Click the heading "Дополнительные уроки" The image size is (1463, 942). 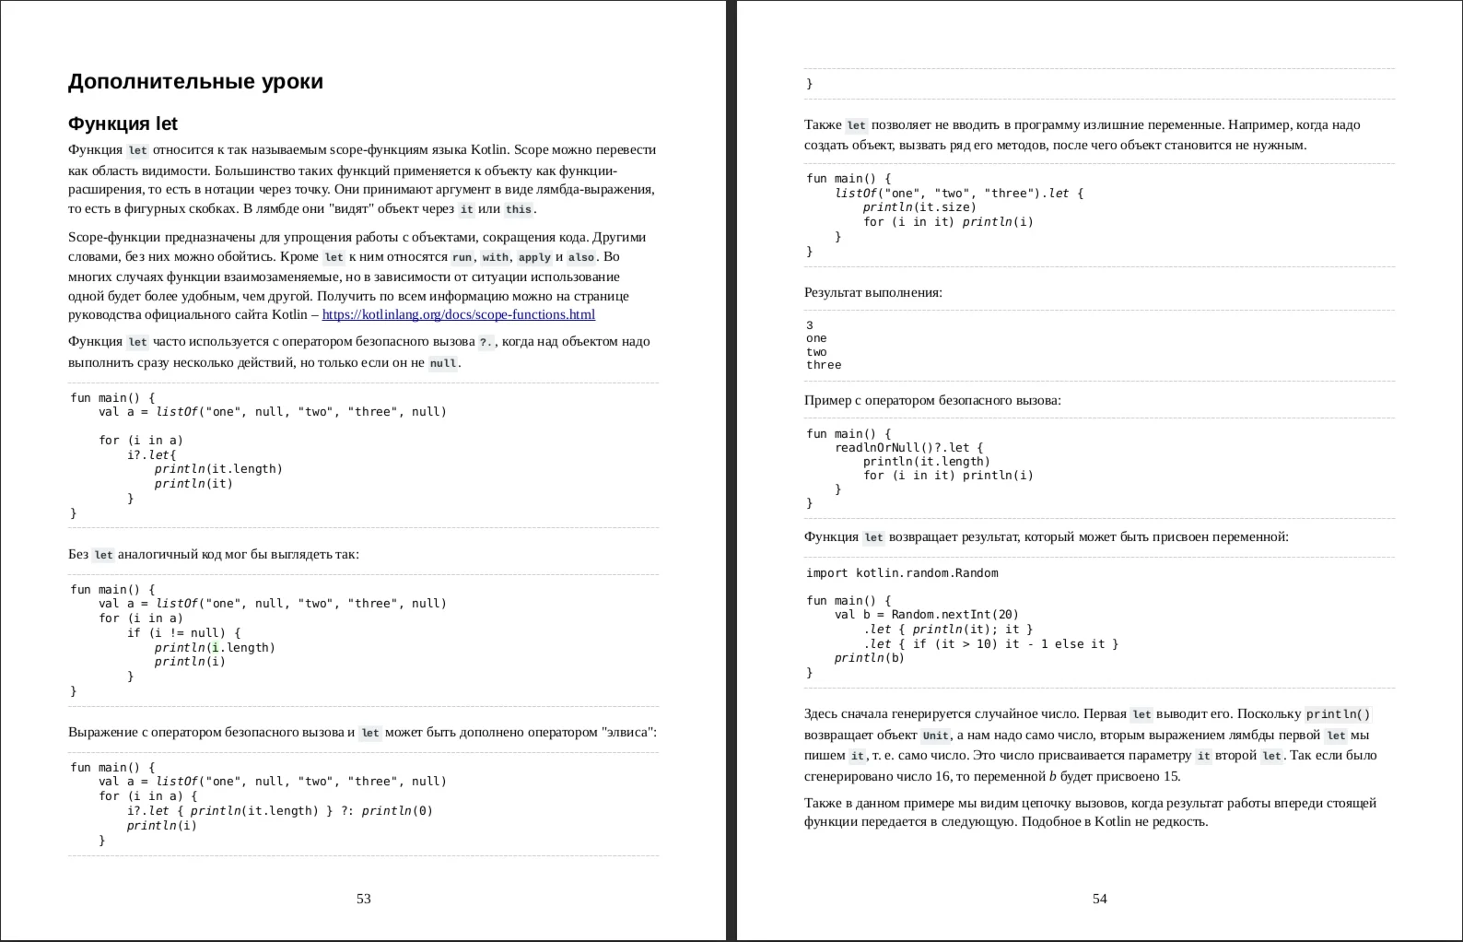pyautogui.click(x=195, y=82)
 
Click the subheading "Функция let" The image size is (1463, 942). pyautogui.click(x=123, y=124)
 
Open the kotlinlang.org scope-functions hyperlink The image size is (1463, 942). pyautogui.click(x=458, y=314)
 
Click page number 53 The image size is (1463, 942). pyautogui.click(x=364, y=899)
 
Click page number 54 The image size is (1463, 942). pyautogui.click(x=1099, y=899)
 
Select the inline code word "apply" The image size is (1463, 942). pyautogui.click(x=534, y=257)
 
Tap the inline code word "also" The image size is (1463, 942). pyautogui.click(x=581, y=257)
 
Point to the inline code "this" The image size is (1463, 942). pyautogui.click(x=519, y=209)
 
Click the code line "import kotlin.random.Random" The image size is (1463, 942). pyautogui.click(x=902, y=573)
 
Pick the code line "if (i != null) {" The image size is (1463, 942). pyautogui.click(x=183, y=633)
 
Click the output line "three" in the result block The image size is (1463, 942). pyautogui.click(x=824, y=365)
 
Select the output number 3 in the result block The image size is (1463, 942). pyautogui.click(x=810, y=325)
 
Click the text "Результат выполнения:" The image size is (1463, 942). pyautogui.click(x=872, y=293)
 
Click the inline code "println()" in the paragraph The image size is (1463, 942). pyautogui.click(x=1338, y=714)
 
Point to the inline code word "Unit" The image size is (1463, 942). pyautogui.click(x=935, y=736)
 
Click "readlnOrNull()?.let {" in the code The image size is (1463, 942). pyautogui.click(x=908, y=448)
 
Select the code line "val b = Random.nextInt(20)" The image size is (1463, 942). pyautogui.click(x=927, y=615)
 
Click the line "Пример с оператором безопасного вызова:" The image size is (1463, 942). pyautogui.click(x=932, y=401)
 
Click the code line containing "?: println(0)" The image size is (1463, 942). pyautogui.click(x=280, y=811)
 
